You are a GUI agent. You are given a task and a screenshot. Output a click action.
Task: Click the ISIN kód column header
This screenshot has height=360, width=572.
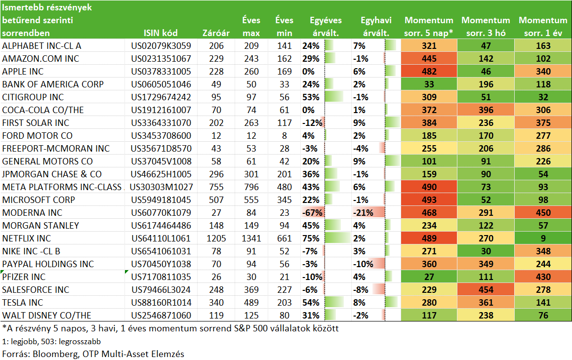pos(161,33)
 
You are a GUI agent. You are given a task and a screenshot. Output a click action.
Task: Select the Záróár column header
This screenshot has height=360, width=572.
pos(216,33)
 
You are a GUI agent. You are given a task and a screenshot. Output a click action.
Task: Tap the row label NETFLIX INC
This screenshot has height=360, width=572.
pos(26,238)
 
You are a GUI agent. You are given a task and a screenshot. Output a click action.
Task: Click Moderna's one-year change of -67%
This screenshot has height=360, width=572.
pos(312,213)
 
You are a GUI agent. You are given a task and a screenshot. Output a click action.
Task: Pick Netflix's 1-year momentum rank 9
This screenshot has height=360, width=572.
pos(543,238)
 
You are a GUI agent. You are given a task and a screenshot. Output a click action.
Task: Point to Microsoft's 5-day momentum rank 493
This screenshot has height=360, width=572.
pos(429,200)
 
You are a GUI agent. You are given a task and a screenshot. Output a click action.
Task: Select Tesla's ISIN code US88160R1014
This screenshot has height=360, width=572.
pos(161,302)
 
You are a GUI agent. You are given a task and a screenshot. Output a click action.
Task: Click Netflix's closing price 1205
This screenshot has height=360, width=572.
pos(216,238)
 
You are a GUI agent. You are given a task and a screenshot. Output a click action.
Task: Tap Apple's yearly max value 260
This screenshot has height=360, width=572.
pos(251,72)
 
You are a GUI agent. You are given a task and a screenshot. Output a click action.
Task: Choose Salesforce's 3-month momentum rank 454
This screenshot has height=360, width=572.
pos(486,289)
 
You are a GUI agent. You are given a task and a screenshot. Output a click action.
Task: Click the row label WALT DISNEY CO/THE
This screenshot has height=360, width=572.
pos(47,315)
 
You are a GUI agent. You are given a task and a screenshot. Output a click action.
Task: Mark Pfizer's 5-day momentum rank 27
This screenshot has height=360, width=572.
pos(429,277)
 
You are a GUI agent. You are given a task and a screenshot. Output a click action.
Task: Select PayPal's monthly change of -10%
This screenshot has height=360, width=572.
pos(363,264)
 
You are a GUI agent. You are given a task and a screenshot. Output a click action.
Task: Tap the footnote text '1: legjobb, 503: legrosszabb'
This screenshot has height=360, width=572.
pos(51,341)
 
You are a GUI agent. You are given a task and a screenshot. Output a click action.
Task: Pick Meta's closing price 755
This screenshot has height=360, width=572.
pos(216,187)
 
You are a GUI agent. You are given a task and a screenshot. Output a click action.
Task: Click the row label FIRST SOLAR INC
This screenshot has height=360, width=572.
pos(36,123)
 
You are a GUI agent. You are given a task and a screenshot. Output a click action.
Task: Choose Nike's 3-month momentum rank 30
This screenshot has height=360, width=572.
pos(486,251)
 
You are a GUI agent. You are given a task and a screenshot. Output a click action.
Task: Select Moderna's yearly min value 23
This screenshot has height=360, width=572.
pos(284,213)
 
